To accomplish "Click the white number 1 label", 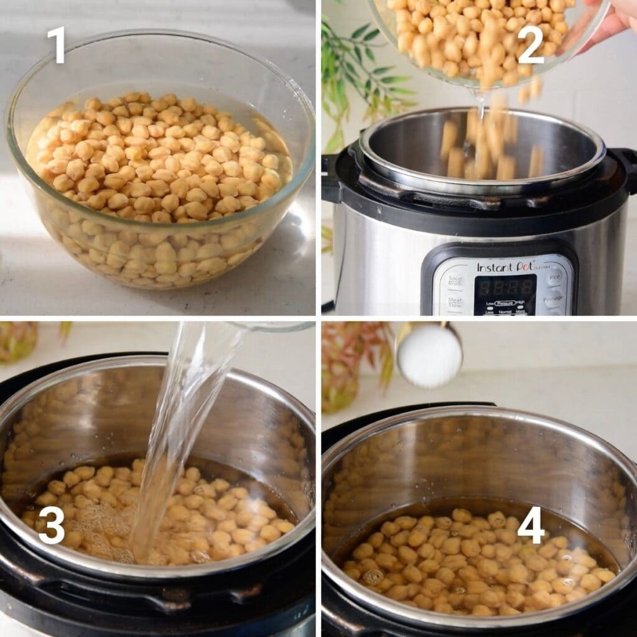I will click(57, 44).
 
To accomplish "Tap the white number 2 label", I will click(530, 44).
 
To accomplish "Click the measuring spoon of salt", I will click(429, 356).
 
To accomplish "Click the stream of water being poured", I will click(180, 423).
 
